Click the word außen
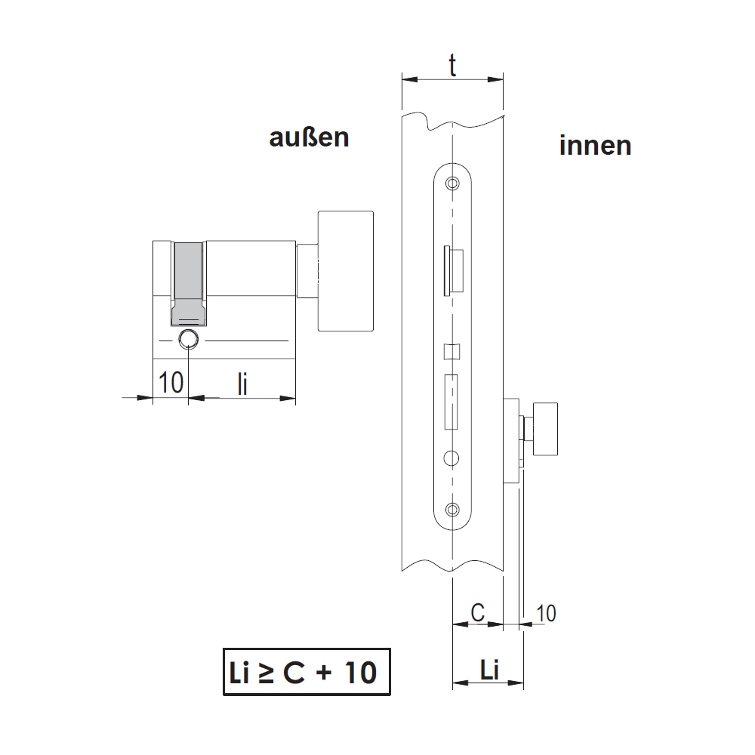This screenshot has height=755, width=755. (309, 137)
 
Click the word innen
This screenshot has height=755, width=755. (595, 145)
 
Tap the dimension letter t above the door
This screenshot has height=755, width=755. (452, 65)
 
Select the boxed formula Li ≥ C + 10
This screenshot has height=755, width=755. (307, 672)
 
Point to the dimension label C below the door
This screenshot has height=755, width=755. (477, 613)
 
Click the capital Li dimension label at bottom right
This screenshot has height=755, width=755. (490, 670)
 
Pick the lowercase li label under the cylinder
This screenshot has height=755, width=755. (242, 384)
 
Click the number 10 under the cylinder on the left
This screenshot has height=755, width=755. (171, 383)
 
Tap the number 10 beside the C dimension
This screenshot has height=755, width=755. (546, 613)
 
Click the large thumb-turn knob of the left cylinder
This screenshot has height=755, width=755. (345, 271)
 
